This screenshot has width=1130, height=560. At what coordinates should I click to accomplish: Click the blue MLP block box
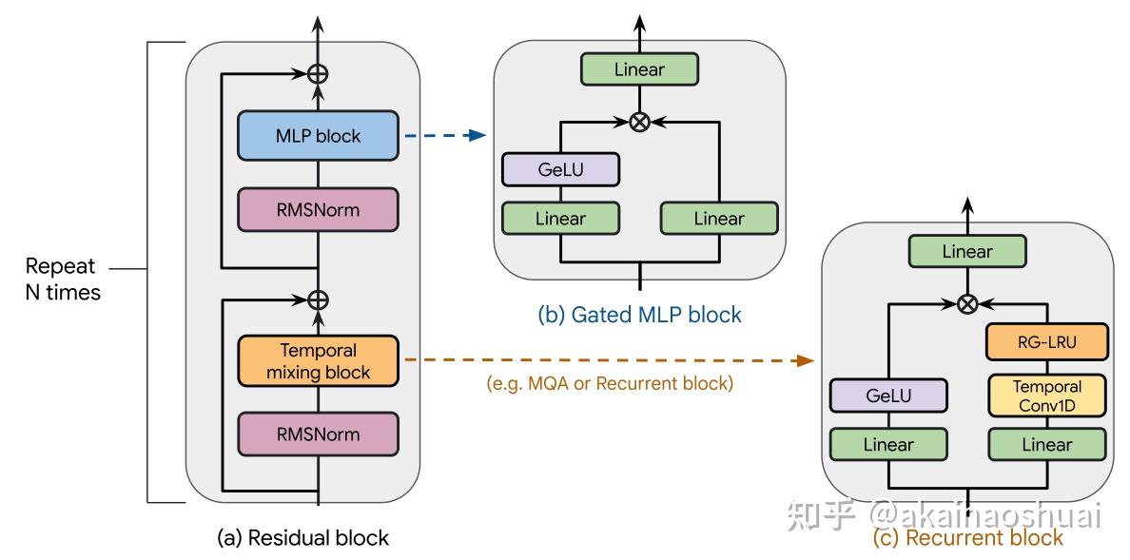tap(318, 136)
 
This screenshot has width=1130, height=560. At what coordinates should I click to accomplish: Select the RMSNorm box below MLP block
tap(318, 209)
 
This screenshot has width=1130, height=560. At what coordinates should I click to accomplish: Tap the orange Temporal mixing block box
tap(318, 361)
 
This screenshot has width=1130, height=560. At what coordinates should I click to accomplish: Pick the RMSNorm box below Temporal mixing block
tap(318, 434)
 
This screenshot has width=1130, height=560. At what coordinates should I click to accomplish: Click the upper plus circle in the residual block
tap(318, 72)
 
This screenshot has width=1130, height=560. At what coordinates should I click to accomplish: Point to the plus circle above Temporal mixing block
tap(318, 299)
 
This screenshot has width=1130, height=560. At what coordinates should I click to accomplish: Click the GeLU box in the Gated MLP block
tap(560, 171)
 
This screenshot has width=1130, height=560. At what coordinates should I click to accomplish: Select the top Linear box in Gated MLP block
tap(639, 69)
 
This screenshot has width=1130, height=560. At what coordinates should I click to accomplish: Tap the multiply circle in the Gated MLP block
tap(640, 122)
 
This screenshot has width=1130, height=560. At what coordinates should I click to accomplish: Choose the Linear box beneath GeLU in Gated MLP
tap(560, 219)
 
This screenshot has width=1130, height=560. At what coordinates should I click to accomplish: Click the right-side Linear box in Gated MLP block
tap(719, 219)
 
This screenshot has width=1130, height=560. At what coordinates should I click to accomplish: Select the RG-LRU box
tap(1046, 342)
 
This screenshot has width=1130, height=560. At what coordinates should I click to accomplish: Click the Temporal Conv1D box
tap(1046, 396)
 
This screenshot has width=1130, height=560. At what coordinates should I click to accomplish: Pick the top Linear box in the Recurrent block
tap(967, 252)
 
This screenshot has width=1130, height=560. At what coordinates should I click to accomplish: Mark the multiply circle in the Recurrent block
tap(967, 304)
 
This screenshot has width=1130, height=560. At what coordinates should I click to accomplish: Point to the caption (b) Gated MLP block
tap(638, 315)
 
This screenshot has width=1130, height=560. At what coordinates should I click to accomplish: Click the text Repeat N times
tap(63, 280)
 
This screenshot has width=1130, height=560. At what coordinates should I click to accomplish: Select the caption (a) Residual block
tap(302, 537)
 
